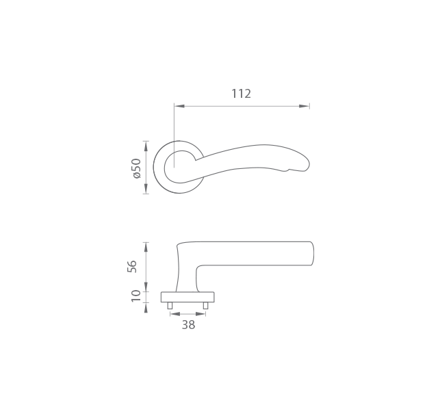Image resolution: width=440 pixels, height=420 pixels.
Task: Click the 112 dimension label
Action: [241, 94]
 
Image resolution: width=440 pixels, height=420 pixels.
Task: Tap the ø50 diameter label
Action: [137, 168]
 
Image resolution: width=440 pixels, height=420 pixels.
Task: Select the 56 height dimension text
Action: [132, 267]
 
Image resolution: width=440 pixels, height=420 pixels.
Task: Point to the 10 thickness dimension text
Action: [135, 296]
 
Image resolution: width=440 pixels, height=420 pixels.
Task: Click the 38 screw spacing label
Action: [188, 325]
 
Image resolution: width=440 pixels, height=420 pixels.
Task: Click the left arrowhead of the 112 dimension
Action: [179, 106]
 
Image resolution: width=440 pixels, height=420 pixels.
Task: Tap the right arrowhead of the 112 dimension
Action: [304, 106]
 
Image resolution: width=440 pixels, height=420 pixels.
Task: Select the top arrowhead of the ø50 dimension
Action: [146, 146]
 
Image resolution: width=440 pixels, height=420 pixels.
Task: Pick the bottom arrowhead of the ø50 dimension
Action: [146, 188]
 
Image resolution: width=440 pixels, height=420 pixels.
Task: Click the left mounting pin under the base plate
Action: [170, 306]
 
